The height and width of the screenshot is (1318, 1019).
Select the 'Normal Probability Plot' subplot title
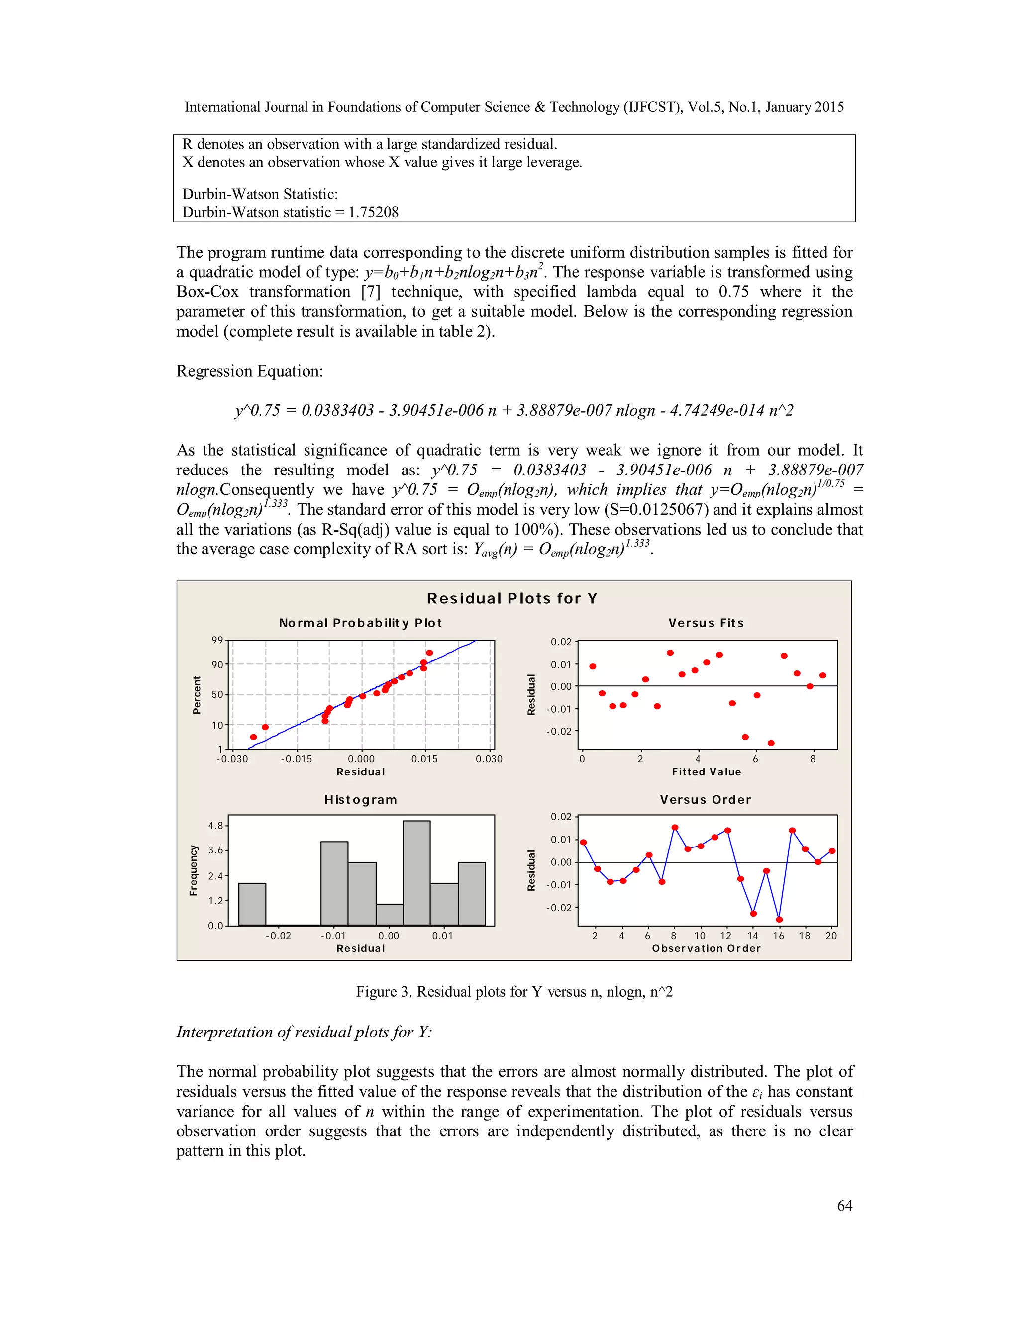click(x=360, y=623)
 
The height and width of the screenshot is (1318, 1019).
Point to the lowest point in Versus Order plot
click(x=779, y=920)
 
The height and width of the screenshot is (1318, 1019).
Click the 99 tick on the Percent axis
click(x=217, y=640)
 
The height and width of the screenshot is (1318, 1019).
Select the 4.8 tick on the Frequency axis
click(x=215, y=826)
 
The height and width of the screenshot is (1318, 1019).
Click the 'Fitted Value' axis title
click(x=707, y=772)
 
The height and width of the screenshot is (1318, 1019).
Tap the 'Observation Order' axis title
click(x=707, y=948)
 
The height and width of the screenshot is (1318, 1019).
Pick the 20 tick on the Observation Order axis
click(x=831, y=936)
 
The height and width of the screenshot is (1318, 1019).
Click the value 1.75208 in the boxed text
click(x=374, y=212)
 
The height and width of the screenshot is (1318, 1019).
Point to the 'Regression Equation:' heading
click(x=249, y=371)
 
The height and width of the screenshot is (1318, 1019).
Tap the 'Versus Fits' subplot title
click(x=706, y=623)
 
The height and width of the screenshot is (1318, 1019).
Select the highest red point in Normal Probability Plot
click(x=430, y=653)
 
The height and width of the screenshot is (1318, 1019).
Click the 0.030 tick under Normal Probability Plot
click(x=489, y=759)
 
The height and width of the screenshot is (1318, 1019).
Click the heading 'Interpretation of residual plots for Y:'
click(x=304, y=1032)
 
